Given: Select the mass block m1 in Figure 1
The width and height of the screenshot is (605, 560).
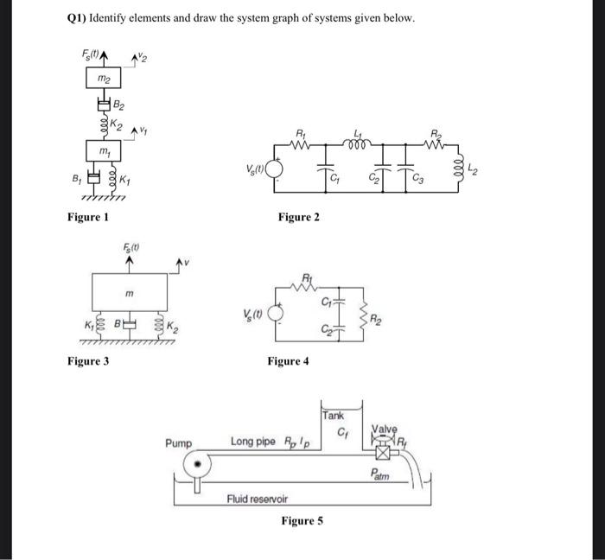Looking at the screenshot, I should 105,152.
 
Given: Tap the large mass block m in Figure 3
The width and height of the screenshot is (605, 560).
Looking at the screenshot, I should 129,295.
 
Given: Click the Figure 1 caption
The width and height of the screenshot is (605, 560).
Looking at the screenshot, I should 88,216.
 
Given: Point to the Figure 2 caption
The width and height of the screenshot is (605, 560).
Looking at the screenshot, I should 298,217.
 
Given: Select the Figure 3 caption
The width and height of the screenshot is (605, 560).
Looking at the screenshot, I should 88,360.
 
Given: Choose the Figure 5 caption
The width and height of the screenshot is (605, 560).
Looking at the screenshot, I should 302,520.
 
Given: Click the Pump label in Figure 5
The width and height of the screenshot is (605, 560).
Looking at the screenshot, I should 179,442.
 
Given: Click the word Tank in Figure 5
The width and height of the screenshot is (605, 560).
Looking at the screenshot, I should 333,416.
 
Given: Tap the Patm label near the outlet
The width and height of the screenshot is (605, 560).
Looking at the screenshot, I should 380,474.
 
